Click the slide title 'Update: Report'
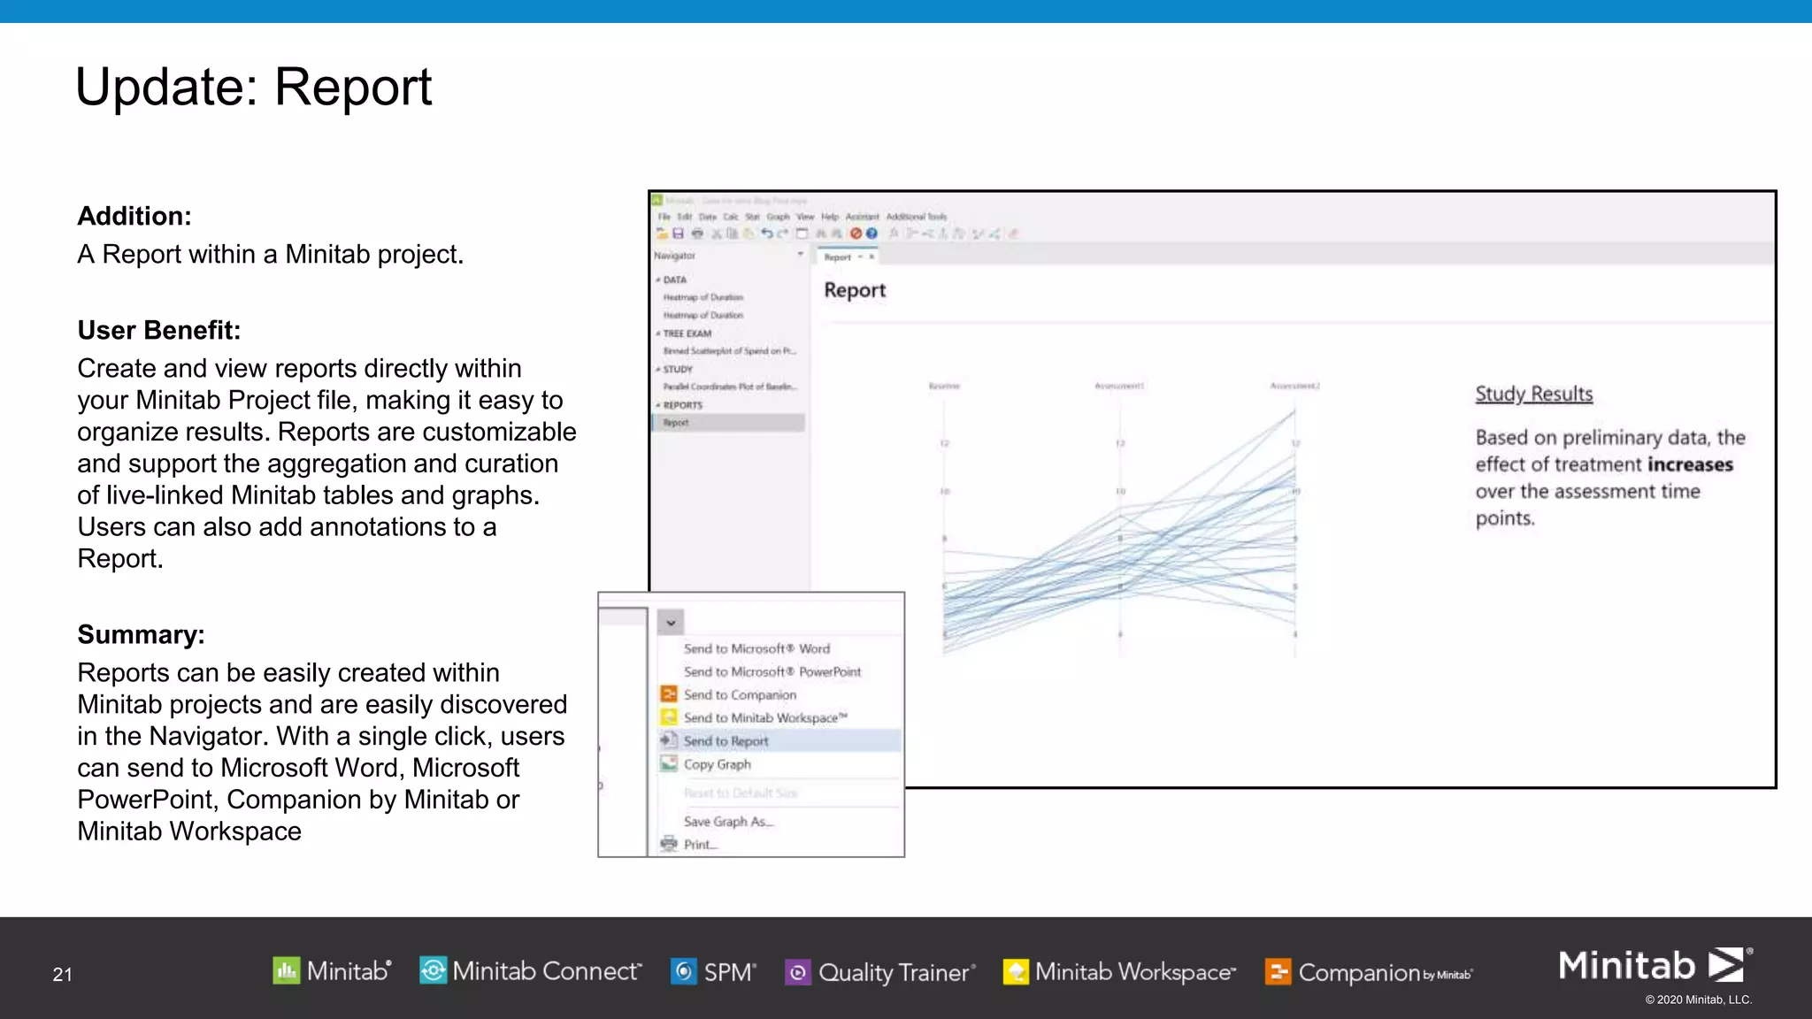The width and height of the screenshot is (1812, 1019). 253,88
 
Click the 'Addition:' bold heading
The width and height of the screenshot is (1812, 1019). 134,216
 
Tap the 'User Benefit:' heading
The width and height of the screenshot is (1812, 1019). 158,330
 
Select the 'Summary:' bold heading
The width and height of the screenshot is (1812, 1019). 141,634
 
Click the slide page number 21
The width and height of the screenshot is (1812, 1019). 62,974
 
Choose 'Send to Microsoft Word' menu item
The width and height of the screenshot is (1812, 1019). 756,648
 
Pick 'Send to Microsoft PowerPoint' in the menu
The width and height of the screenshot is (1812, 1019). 772,671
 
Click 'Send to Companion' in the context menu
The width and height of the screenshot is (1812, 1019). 740,694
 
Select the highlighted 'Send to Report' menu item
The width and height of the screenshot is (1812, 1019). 726,740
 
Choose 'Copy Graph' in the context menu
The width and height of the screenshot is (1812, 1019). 717,764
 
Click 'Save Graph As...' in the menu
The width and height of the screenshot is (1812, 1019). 728,822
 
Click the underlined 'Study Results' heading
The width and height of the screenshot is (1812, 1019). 1533,394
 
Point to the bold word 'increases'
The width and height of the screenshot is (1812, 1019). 1689,464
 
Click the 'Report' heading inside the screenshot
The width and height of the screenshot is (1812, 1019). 854,290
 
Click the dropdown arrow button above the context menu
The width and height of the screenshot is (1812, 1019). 671,623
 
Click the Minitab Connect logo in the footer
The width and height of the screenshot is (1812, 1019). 530,971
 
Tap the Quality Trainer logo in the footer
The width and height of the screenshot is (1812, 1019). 880,972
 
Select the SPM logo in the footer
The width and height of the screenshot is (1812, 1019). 713,972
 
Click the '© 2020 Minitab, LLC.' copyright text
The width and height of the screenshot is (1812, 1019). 1698,1000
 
